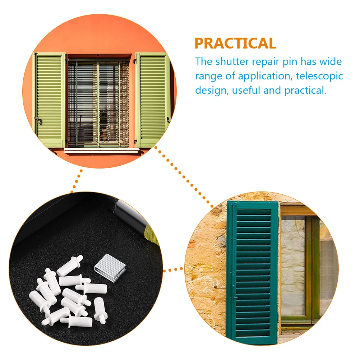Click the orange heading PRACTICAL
pyautogui.click(x=235, y=43)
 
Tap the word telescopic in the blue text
pyautogui.click(x=319, y=76)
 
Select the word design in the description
pyautogui.click(x=210, y=91)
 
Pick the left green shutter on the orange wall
pyautogui.click(x=50, y=100)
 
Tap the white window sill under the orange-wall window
pyautogui.click(x=101, y=151)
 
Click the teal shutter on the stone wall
pyautogui.click(x=253, y=272)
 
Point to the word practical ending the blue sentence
pyautogui.click(x=305, y=91)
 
